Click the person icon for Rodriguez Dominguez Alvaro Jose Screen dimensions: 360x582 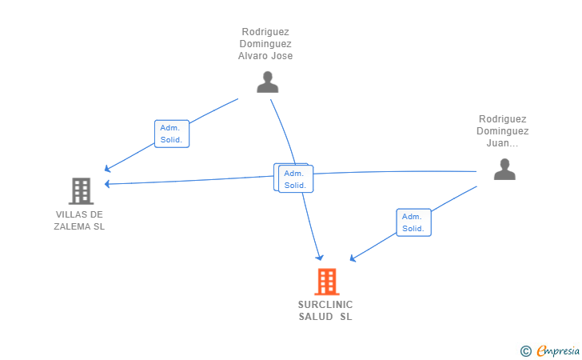tap(267, 82)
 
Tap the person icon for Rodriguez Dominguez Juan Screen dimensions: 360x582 tap(504, 169)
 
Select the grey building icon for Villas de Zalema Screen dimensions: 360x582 tap(81, 191)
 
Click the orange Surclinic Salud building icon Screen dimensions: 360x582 tap(325, 282)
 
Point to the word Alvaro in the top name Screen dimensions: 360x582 tap(253, 56)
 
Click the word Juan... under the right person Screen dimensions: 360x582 tap(502, 144)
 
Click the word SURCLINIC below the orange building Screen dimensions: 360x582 tap(325, 305)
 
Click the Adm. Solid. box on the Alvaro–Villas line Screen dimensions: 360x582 tap(171, 134)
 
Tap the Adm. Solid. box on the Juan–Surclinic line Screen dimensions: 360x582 tap(413, 222)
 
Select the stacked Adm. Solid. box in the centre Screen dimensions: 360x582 tap(294, 178)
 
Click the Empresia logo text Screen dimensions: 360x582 tap(558, 350)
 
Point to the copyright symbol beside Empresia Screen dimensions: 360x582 tap(526, 350)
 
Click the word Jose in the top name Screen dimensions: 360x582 tap(281, 56)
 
